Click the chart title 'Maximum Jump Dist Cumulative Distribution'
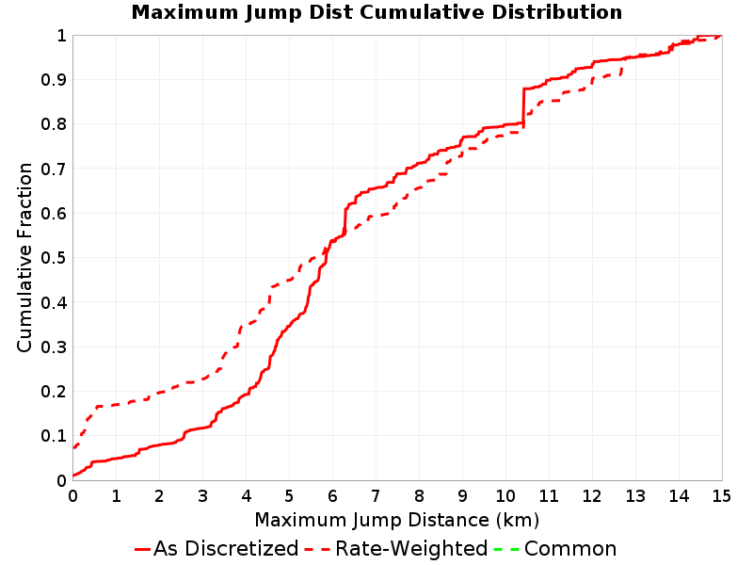pos(376,12)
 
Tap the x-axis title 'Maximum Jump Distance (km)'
pos(396,520)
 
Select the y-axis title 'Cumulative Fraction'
pos(24,257)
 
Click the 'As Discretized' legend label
pos(226,548)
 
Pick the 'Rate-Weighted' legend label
pos(411,548)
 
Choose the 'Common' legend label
pos(570,549)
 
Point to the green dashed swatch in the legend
pos(506,549)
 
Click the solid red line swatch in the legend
pos(143,549)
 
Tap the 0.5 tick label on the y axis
pos(54,258)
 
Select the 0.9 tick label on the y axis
pos(54,80)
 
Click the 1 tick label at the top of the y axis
pos(61,35)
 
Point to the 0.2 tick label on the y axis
pos(54,392)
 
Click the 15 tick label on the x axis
pos(721,496)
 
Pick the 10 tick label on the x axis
pos(505,496)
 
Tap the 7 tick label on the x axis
pos(376,496)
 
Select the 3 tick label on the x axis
pos(202,496)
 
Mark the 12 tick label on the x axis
pos(592,496)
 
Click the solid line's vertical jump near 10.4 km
pos(523,107)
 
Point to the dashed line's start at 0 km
pos(73,448)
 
